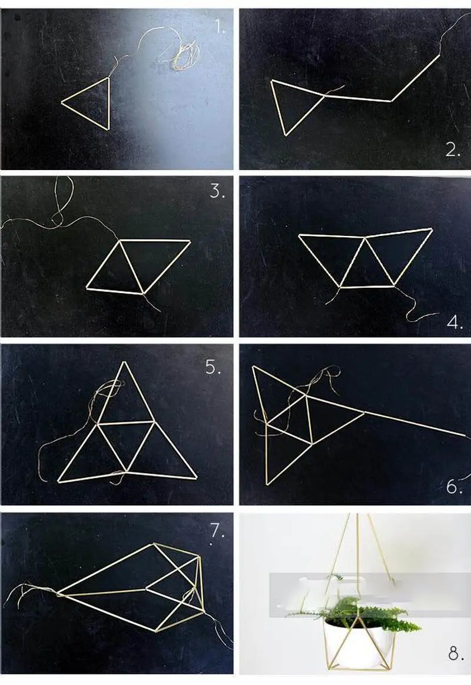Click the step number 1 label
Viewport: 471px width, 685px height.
pos(220,27)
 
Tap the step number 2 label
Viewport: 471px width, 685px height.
pos(453,150)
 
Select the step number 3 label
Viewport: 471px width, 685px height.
pos(217,191)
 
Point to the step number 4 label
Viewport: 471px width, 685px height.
pos(455,323)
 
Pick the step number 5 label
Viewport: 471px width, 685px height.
pos(213,367)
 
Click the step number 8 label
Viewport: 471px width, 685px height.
pos(456,654)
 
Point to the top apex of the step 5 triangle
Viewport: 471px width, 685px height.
pos(126,362)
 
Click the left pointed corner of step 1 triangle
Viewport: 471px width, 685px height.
pos(62,102)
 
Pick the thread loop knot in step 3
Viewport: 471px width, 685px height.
pos(55,218)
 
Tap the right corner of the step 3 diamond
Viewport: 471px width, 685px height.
pos(191,240)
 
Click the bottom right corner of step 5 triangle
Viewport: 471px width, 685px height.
pos(197,477)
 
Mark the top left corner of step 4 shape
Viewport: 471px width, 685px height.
pos(299,235)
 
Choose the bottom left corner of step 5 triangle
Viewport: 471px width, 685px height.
pos(58,482)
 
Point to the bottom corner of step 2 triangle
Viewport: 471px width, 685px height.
pos(287,135)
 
